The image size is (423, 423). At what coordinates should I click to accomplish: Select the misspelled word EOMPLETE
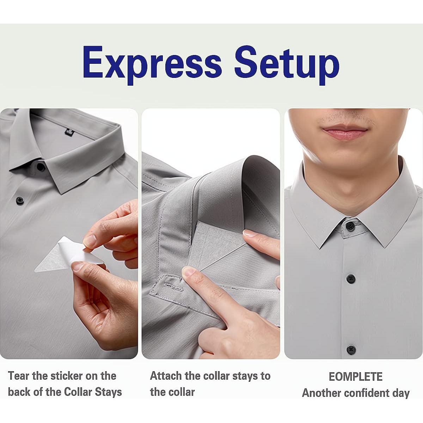point(355,376)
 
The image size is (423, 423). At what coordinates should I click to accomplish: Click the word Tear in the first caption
point(19,376)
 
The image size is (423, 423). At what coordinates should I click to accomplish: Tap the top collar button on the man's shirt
point(350,226)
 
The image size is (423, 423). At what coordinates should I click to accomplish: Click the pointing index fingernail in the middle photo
point(188,271)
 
